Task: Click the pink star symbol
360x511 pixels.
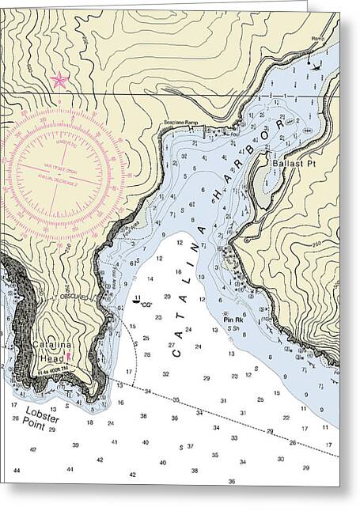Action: click(x=59, y=80)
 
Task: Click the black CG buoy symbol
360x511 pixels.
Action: click(x=136, y=301)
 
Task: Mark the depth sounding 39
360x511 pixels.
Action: click(x=75, y=445)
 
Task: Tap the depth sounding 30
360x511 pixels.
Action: click(x=281, y=459)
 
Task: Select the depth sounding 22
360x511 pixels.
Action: click(x=286, y=418)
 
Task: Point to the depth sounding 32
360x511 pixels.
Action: click(x=165, y=373)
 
